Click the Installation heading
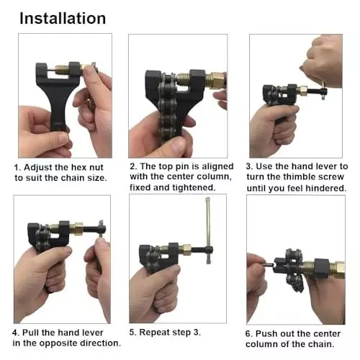tap(62, 18)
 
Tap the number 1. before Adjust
tap(18, 166)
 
